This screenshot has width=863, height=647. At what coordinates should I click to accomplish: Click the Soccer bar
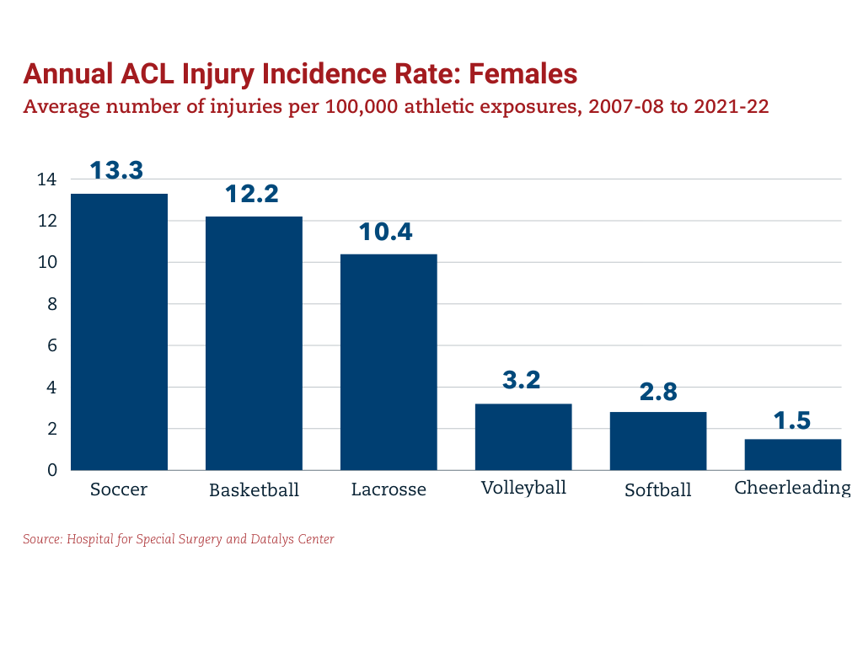[119, 332]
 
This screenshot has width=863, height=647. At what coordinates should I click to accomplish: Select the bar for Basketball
[254, 343]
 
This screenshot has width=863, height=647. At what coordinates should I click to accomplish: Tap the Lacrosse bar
[389, 362]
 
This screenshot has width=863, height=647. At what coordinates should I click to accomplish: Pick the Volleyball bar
[523, 436]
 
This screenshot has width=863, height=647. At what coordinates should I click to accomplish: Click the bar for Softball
[658, 441]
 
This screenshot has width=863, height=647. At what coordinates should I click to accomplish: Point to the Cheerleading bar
[792, 454]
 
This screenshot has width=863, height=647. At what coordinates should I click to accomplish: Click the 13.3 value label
[117, 169]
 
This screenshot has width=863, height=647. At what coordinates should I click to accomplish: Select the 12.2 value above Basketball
[252, 194]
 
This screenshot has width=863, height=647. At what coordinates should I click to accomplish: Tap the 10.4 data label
[386, 232]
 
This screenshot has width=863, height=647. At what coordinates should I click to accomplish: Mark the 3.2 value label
[522, 380]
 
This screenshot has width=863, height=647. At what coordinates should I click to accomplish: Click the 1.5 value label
[792, 420]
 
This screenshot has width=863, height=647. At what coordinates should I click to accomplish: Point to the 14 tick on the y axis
[47, 179]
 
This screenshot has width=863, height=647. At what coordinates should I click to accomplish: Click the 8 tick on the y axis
[51, 304]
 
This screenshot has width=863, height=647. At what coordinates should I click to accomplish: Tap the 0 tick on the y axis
[51, 470]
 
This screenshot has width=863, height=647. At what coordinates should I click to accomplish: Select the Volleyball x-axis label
[523, 488]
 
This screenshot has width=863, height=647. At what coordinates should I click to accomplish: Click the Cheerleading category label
[792, 488]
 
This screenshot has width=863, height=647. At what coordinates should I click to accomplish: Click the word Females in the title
[523, 74]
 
